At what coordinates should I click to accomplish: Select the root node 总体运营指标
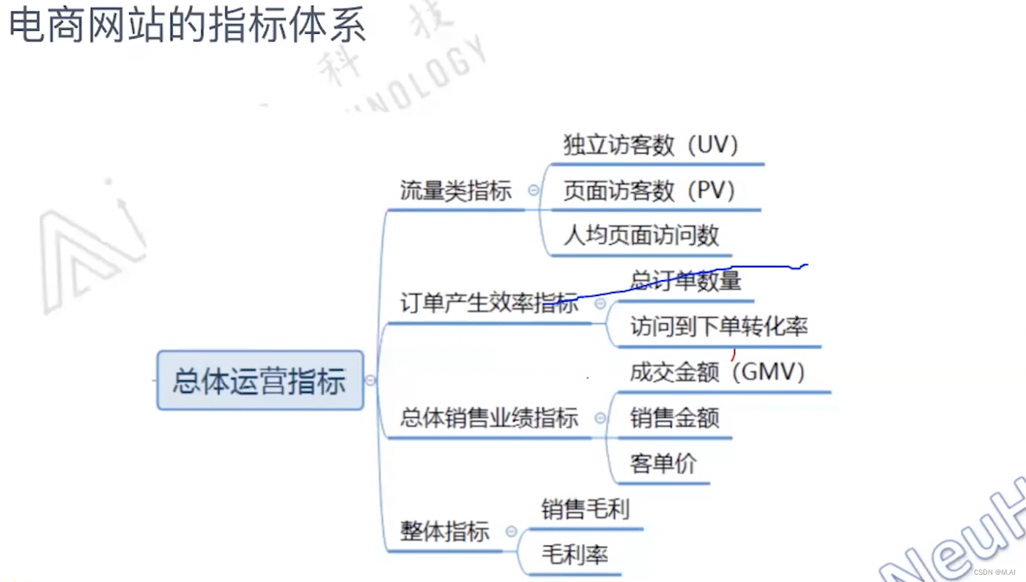pyautogui.click(x=259, y=381)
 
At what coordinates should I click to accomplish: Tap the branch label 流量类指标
pyautogui.click(x=456, y=191)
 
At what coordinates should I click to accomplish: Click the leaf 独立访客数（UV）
pyautogui.click(x=651, y=145)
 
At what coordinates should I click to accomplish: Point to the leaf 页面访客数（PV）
pyautogui.click(x=649, y=191)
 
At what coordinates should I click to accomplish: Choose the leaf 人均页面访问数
pyautogui.click(x=641, y=236)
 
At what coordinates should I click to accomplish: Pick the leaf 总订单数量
pyautogui.click(x=686, y=281)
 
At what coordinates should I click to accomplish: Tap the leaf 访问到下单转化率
pyautogui.click(x=719, y=327)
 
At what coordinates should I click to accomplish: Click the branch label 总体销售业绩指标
pyautogui.click(x=489, y=419)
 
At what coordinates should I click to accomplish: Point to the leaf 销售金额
pyautogui.click(x=675, y=419)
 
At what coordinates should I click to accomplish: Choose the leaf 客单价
pyautogui.click(x=663, y=464)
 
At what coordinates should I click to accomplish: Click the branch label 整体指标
pyautogui.click(x=445, y=531)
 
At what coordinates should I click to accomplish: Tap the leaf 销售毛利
pyautogui.click(x=586, y=509)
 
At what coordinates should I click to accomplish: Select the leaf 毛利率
pyautogui.click(x=575, y=555)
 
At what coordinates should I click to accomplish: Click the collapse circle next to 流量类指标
pyautogui.click(x=534, y=190)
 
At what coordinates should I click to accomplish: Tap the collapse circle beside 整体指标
pyautogui.click(x=512, y=531)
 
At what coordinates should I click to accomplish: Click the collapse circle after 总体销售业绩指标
pyautogui.click(x=600, y=419)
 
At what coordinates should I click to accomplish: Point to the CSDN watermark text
pyautogui.click(x=994, y=572)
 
